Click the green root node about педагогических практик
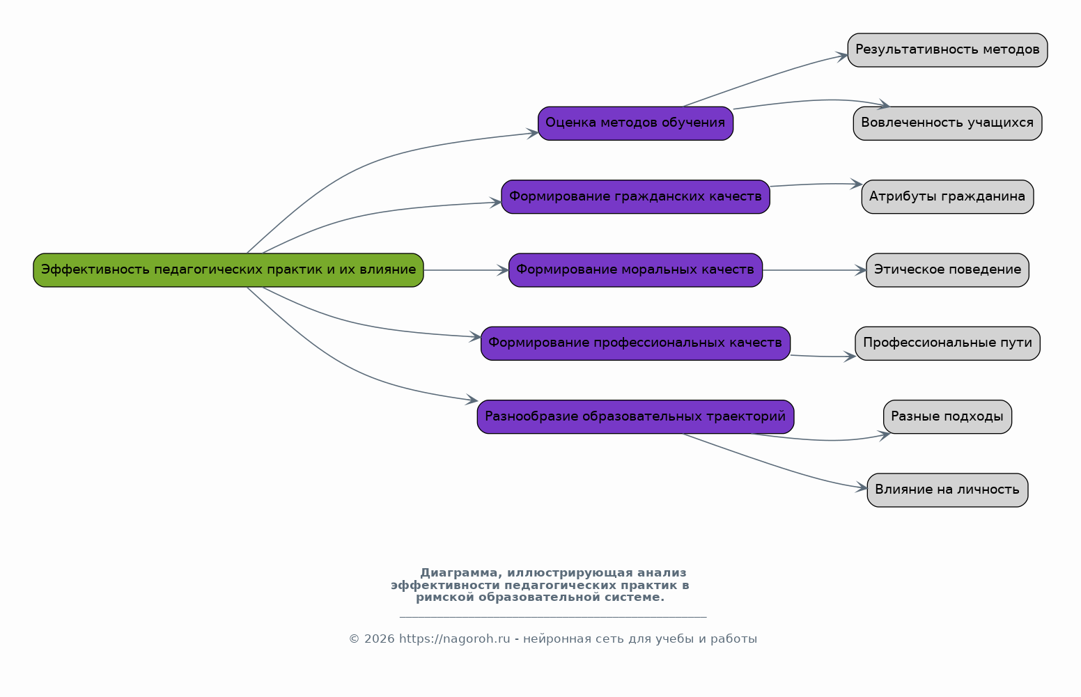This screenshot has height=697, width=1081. click(x=228, y=270)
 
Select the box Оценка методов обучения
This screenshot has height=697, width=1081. click(x=635, y=123)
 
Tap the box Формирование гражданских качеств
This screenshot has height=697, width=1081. click(x=635, y=197)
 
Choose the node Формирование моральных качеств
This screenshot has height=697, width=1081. click(x=635, y=270)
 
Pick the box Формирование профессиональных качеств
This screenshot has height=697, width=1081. click(x=635, y=343)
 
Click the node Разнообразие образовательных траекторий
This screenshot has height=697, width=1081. click(x=635, y=417)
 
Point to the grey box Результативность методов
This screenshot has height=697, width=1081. click(x=947, y=50)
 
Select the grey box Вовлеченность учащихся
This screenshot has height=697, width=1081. click(x=947, y=123)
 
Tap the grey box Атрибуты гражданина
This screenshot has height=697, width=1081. click(x=947, y=197)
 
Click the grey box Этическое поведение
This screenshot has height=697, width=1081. click(x=947, y=270)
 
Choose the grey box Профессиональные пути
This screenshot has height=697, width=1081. click(x=947, y=343)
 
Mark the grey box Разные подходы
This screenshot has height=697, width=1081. click(x=947, y=417)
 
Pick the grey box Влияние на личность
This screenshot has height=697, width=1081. click(x=947, y=490)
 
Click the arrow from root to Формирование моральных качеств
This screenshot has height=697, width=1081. click(x=466, y=270)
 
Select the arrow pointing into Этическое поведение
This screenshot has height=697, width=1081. click(x=815, y=270)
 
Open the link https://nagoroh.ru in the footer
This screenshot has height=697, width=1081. click(x=454, y=639)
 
